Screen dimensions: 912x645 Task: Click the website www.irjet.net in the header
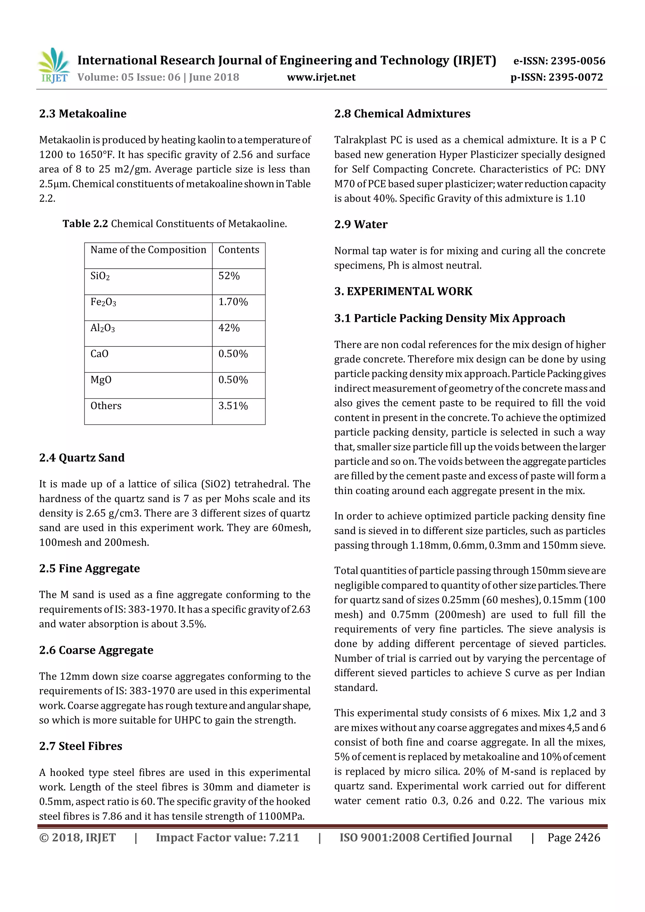tap(321, 77)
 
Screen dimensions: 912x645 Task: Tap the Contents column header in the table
tap(238, 250)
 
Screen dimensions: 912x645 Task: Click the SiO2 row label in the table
tap(100, 276)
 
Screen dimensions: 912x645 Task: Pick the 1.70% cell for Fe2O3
tap(233, 302)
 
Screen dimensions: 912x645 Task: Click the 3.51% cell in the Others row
tap(233, 406)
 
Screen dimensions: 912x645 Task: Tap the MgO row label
tap(101, 380)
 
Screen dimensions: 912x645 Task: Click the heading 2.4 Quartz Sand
tap(82, 458)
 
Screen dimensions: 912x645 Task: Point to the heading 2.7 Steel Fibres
tap(81, 746)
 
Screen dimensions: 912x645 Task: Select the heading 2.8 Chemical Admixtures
tap(402, 114)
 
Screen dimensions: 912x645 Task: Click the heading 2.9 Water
tap(361, 225)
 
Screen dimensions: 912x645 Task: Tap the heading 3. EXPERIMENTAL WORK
tap(403, 291)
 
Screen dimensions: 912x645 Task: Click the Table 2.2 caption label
tap(85, 224)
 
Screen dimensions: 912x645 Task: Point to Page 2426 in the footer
tap(574, 837)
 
